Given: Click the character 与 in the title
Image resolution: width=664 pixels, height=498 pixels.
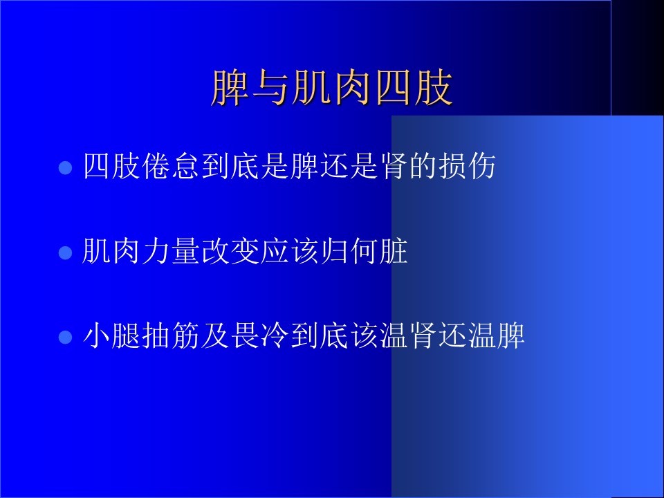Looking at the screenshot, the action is coord(271,87).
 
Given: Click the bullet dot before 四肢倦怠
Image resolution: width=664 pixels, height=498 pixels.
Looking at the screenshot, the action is coord(65,167).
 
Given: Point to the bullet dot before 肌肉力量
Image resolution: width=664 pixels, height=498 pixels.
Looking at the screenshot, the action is coord(65,253).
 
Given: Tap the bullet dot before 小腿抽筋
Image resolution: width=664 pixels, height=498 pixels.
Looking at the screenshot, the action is coord(65,338).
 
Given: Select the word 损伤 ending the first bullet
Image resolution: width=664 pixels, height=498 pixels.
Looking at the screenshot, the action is coord(468,165).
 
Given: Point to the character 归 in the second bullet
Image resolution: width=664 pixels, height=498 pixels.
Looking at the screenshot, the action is coord(334,250).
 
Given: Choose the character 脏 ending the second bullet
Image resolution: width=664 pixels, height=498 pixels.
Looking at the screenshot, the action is coord(394,250).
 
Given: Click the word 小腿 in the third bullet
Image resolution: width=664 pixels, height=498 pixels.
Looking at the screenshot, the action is coord(112,335).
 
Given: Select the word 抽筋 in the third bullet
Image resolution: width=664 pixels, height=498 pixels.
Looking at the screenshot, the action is coord(171,335).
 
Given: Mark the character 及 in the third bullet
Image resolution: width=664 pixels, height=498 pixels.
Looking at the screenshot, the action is coord(216,335).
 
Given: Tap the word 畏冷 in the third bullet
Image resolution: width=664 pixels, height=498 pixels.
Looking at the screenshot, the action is coord(260,335).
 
